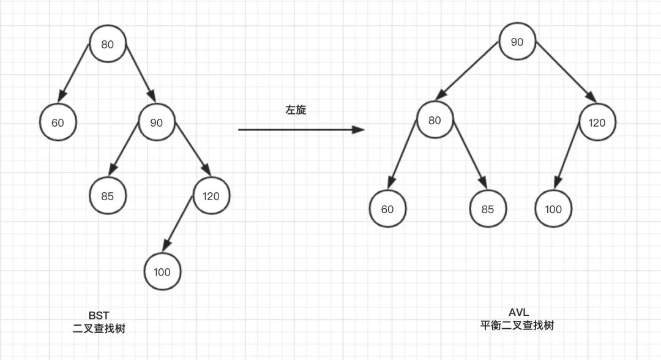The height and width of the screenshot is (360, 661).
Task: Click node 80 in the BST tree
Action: (107, 43)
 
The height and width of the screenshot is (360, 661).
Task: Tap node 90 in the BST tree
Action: (157, 123)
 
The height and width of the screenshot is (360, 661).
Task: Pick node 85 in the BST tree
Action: (107, 197)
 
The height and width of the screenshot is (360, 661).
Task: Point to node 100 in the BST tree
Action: (162, 271)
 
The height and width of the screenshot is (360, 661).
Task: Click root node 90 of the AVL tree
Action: (517, 42)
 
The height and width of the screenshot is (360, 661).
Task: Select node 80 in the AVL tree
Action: (435, 120)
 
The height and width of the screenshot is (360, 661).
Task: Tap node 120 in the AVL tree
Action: (597, 122)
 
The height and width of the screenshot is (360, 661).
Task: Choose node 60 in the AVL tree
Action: (387, 209)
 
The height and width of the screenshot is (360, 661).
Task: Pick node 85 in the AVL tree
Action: (487, 209)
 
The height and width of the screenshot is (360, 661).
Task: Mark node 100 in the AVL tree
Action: (553, 209)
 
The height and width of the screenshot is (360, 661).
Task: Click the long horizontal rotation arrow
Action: (300, 130)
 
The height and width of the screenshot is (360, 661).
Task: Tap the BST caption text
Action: (99, 315)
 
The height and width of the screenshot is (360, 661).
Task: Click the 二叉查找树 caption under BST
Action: (99, 329)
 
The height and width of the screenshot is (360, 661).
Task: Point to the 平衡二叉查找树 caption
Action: (517, 326)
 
